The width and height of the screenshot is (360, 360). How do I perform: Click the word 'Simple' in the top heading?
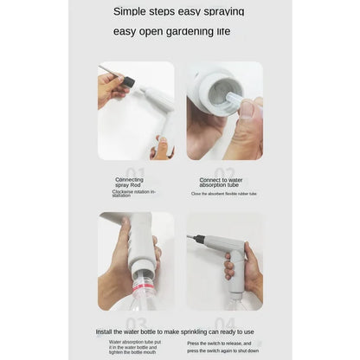134,11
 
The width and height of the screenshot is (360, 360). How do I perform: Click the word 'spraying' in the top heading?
224,11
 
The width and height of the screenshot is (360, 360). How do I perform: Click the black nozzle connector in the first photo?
128,81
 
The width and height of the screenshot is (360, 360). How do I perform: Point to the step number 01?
136,172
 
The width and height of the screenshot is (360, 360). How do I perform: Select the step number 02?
224,172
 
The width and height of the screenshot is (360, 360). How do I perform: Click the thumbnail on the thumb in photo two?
247,108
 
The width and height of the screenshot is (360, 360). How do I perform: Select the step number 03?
136,321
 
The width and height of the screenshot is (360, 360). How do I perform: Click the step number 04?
224,321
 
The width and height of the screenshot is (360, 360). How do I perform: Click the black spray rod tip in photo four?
200,239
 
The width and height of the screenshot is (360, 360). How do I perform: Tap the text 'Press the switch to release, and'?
220,343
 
